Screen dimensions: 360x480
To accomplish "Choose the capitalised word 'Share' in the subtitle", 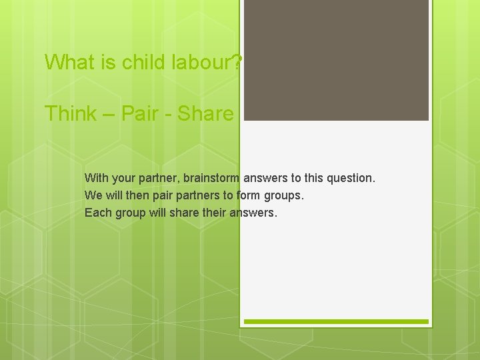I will coord(206,113).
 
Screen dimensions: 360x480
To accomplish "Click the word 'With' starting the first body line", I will coord(96,178).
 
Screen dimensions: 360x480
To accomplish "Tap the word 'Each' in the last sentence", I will coord(97,213).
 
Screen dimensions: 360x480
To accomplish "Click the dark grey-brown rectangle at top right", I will coord(336,60).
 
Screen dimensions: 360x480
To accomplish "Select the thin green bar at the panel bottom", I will coord(336,322).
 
